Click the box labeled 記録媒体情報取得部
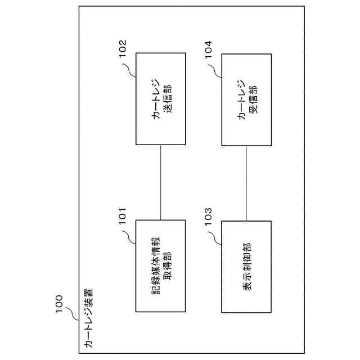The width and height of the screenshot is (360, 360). (x=161, y=265)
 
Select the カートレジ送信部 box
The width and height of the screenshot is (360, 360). (x=161, y=98)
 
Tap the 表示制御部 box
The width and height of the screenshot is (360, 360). (x=246, y=265)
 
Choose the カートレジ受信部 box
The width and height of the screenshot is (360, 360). (x=246, y=98)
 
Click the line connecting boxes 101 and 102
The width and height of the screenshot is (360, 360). (x=161, y=182)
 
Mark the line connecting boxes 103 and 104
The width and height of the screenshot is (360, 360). (x=246, y=182)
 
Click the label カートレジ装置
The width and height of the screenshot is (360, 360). (x=88, y=321)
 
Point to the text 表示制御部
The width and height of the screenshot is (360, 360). (x=247, y=265)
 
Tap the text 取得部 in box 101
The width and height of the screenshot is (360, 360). (x=166, y=265)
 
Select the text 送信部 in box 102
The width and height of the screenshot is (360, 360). (x=166, y=98)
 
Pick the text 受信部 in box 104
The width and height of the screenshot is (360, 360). (x=252, y=98)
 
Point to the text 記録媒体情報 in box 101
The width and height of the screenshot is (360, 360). (x=155, y=265)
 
